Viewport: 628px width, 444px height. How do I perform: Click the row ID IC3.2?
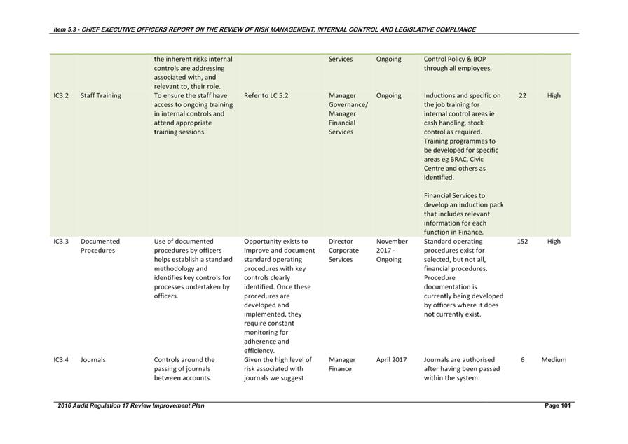coord(61,96)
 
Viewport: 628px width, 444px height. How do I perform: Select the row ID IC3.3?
coord(61,242)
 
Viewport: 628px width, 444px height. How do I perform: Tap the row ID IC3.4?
coord(61,360)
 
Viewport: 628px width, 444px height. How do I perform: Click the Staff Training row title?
coord(100,96)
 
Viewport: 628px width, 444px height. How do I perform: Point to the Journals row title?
coord(93,360)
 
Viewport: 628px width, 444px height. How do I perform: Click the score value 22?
coord(522,96)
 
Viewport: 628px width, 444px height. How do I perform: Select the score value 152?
coord(522,242)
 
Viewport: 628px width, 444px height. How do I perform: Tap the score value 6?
coord(522,360)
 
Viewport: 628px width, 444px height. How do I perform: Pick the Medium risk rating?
coord(554,360)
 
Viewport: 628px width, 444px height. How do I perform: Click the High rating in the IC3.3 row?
coord(554,242)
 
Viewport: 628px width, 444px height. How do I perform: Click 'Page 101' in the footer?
coord(558,406)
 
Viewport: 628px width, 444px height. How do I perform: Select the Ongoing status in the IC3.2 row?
coord(388,96)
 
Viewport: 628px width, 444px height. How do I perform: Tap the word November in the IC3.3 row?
coord(392,242)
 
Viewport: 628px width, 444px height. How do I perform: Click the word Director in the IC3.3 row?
coord(341,242)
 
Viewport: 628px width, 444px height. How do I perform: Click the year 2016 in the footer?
coord(65,406)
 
